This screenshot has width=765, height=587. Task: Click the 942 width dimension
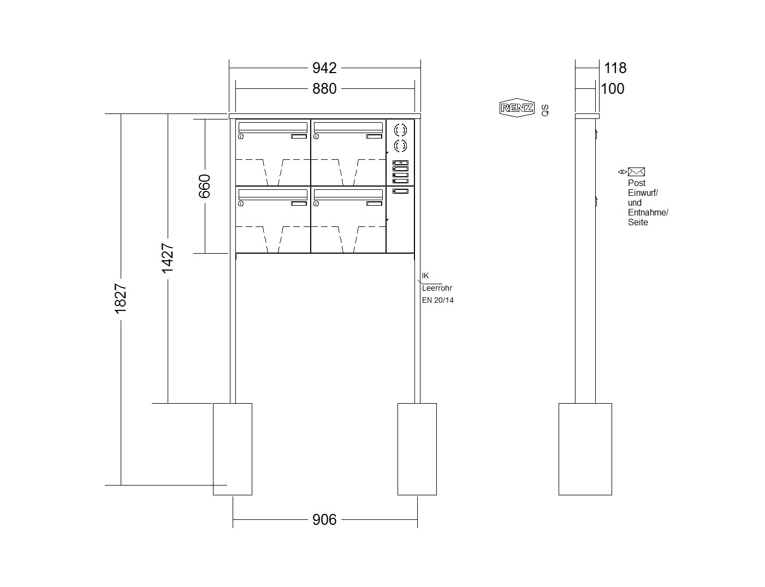click(x=324, y=68)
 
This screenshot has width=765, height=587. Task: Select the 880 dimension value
click(x=324, y=88)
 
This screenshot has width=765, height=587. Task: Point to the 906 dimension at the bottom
click(x=324, y=519)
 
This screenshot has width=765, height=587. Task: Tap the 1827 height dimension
click(x=120, y=298)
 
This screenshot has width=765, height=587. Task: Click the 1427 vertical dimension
click(x=168, y=258)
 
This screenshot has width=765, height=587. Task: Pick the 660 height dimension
click(x=205, y=186)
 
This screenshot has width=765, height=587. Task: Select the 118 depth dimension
click(x=615, y=68)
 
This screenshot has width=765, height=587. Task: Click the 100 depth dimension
click(x=613, y=88)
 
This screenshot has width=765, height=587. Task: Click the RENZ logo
click(x=517, y=107)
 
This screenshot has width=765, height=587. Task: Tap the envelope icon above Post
click(x=636, y=172)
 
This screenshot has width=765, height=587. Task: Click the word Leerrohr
click(x=437, y=288)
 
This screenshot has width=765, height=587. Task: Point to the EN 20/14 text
click(x=437, y=300)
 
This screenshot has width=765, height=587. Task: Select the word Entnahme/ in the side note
click(x=648, y=212)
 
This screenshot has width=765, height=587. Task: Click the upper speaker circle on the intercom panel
click(x=400, y=130)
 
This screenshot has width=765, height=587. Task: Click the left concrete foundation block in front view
click(x=233, y=449)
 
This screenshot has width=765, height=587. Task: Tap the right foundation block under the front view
click(x=417, y=449)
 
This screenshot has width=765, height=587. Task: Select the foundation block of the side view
click(x=585, y=449)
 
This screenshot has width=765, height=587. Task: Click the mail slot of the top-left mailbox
click(x=273, y=127)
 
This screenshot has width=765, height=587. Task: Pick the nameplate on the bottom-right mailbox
click(x=374, y=203)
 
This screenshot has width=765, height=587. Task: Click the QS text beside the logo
click(x=544, y=110)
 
